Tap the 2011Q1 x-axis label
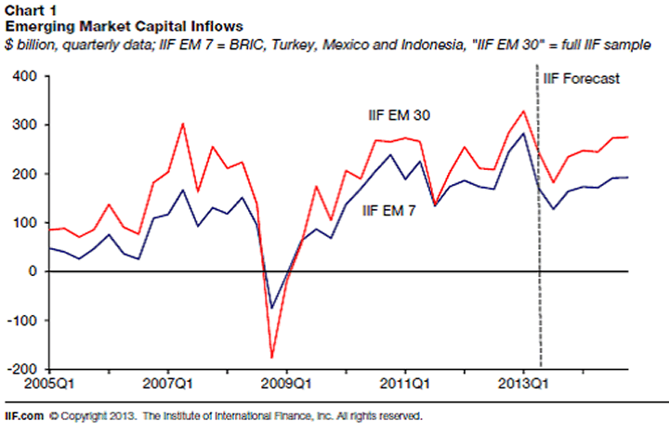click(x=405, y=382)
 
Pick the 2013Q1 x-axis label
click(x=524, y=382)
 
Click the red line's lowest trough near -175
click(x=271, y=357)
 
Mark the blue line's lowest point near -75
click(x=271, y=308)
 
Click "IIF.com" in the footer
click(x=21, y=416)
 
